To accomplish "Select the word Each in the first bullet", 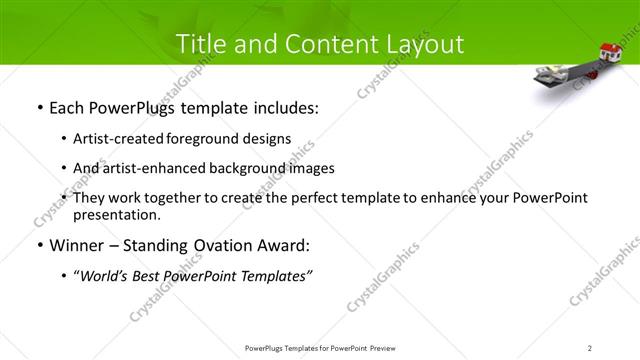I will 67,108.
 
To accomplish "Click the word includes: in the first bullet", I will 285,108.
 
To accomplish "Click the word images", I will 311,168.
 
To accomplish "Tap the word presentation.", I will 116,214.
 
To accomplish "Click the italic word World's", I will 107,276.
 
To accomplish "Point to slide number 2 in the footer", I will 590,347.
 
